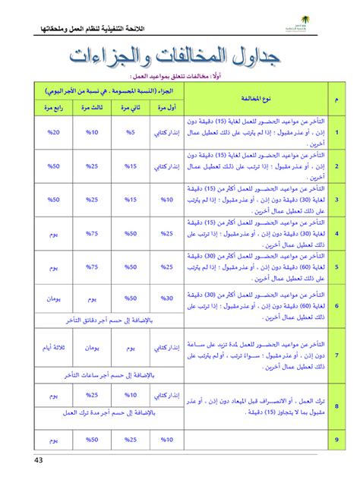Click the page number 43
(39, 461)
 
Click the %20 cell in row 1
(53, 131)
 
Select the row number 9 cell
(336, 440)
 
